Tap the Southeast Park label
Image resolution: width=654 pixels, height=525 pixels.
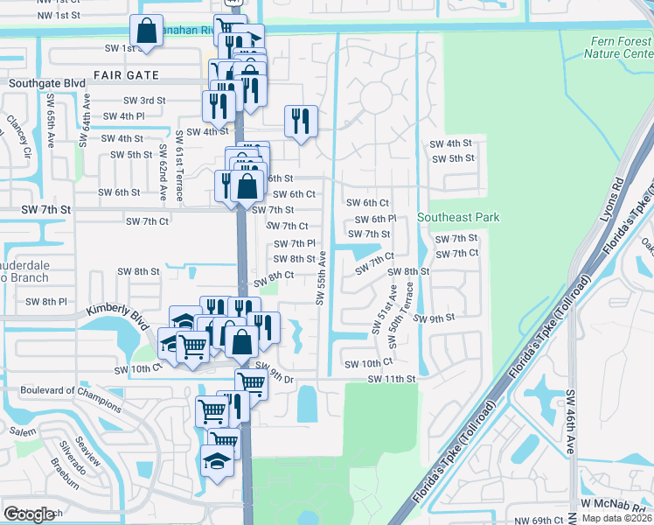click(458, 217)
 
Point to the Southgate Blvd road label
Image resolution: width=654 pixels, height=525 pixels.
click(45, 85)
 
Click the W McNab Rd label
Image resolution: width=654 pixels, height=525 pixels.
click(616, 505)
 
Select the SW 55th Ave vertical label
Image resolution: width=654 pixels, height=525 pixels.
click(321, 278)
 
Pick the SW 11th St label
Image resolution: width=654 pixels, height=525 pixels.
click(389, 379)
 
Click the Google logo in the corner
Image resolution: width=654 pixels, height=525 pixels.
click(31, 514)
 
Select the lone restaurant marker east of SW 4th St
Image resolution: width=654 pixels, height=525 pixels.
click(301, 121)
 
